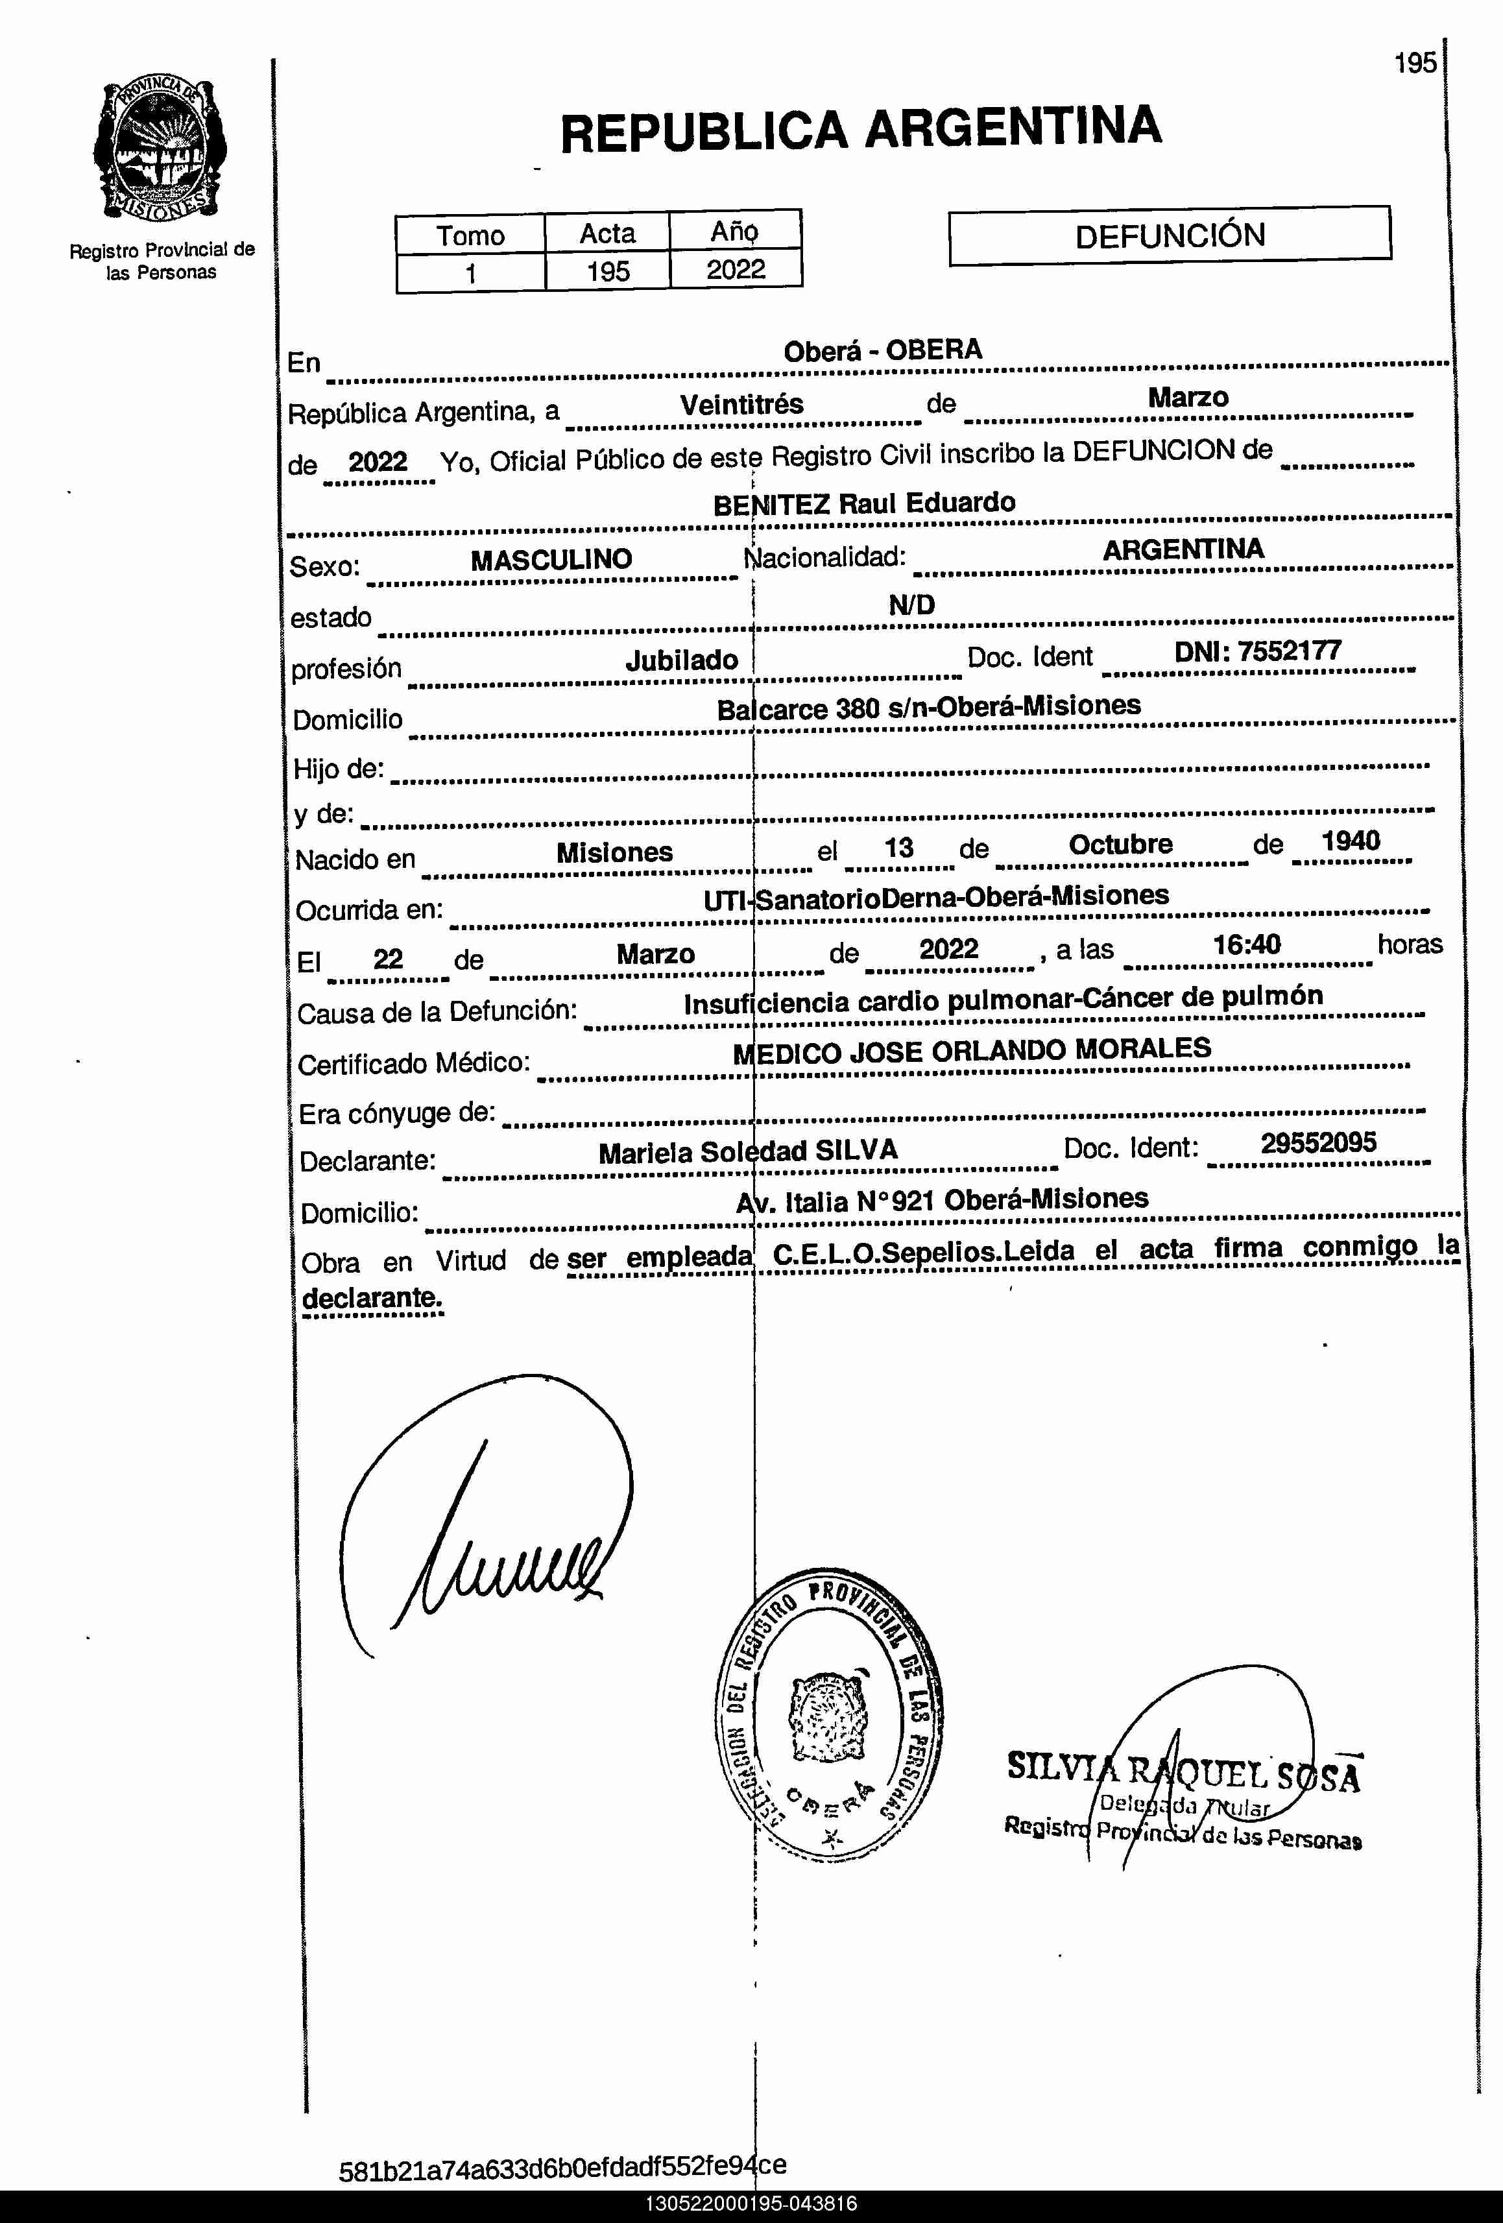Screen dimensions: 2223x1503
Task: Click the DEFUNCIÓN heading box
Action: tap(1169, 235)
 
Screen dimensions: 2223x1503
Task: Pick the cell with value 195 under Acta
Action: tap(608, 272)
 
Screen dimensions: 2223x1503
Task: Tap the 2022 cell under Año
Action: tap(736, 270)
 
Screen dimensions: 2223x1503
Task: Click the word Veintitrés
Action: tap(741, 405)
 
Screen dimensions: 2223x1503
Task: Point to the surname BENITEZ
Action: tap(771, 504)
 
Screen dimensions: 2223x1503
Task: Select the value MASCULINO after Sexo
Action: tap(551, 560)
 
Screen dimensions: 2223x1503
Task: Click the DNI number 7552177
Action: tap(1289, 651)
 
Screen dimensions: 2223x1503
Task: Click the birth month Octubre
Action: tap(1120, 845)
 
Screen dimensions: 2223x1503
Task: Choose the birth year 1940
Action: tap(1350, 842)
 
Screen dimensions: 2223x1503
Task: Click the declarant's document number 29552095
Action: tap(1317, 1143)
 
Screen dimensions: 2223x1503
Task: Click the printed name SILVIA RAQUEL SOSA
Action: tap(1183, 1771)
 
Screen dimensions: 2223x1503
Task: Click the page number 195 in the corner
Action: tap(1415, 63)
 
